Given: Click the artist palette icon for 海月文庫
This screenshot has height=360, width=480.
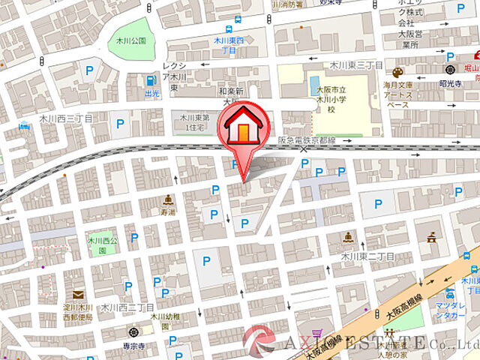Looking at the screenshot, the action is point(397,73).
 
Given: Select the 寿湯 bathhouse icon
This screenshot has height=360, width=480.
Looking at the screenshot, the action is point(169,199).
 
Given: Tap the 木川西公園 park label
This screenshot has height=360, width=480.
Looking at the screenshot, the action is point(99,245).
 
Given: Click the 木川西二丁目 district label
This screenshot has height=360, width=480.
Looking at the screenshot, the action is point(127,307).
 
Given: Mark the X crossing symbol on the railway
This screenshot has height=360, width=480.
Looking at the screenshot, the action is point(304,149).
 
